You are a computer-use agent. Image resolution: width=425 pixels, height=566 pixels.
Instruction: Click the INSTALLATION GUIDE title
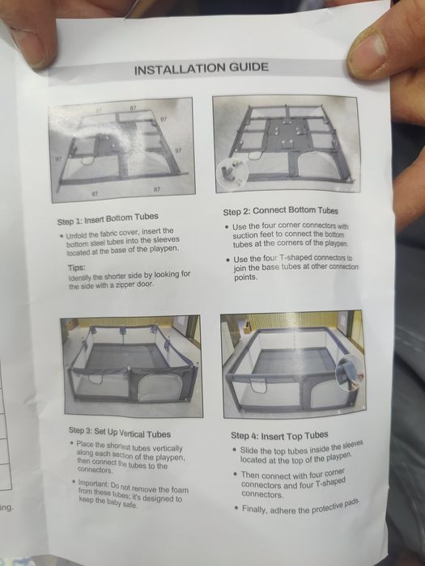[x=202, y=68]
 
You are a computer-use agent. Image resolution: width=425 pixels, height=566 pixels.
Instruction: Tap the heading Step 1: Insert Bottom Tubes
[x=108, y=219]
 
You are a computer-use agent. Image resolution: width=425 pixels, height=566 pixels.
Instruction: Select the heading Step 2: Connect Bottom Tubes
[x=280, y=211]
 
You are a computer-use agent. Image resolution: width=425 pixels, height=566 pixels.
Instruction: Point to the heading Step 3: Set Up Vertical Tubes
[x=120, y=432]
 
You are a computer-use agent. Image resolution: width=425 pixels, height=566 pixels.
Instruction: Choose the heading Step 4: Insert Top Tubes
[x=279, y=436]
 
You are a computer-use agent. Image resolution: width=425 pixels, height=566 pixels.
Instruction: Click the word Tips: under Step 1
[x=77, y=268]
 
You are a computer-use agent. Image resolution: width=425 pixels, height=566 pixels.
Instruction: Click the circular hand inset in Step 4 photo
[x=350, y=372]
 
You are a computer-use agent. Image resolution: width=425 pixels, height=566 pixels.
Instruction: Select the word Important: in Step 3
[x=93, y=483]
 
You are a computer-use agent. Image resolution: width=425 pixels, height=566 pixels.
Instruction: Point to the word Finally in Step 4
[x=254, y=509]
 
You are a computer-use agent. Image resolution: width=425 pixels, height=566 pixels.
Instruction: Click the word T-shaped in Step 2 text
[x=296, y=258]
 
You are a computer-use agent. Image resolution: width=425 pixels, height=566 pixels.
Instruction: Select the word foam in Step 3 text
[x=181, y=491]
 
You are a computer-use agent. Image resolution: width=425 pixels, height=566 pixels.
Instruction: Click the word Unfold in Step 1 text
[x=77, y=235]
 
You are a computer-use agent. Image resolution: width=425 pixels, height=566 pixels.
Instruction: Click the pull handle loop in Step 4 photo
[x=258, y=386]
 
